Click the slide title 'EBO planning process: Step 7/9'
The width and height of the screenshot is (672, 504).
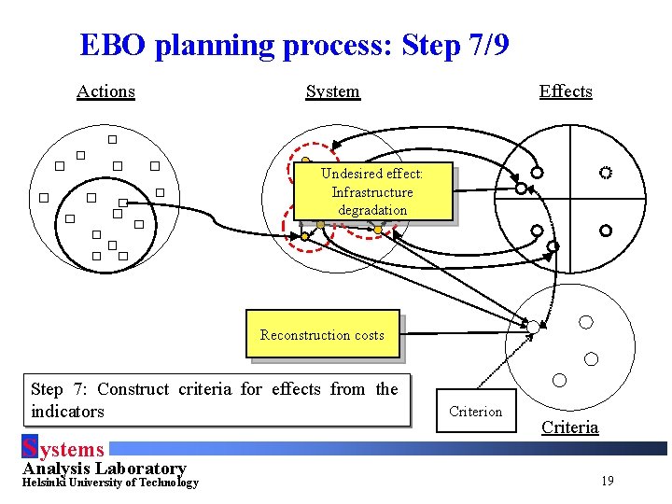tap(294, 45)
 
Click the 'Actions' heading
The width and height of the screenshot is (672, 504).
tap(105, 91)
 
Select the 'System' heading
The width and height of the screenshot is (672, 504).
tap(332, 91)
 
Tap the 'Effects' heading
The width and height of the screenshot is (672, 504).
tap(566, 91)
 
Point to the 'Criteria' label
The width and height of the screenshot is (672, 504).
tap(569, 427)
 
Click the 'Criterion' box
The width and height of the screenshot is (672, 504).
tap(475, 411)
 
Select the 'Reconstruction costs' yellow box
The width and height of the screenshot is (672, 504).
tap(322, 334)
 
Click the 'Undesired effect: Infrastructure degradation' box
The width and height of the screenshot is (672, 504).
tap(371, 192)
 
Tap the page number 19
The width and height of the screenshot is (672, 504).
tap(607, 481)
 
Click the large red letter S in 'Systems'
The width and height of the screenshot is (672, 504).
tap(29, 448)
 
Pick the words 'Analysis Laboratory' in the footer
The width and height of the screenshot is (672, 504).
tap(104, 468)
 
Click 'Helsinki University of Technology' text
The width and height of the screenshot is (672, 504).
tap(110, 483)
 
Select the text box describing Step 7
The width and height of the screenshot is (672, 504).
tap(214, 399)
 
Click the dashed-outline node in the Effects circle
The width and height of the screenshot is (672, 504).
tap(606, 173)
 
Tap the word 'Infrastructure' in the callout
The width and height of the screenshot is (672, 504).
tap(371, 192)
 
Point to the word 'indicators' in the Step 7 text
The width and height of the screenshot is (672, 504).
tap(67, 412)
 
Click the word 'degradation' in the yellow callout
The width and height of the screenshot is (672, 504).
tap(371, 210)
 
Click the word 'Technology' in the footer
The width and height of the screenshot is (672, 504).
tap(169, 483)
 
